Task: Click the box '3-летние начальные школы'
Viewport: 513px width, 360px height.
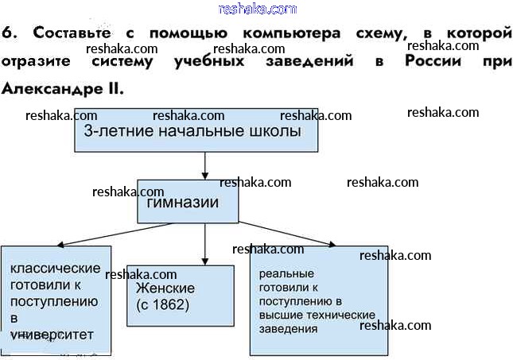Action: [x=196, y=130]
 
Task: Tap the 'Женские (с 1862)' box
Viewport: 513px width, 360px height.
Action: [x=181, y=296]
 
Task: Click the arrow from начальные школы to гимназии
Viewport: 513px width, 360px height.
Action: [x=205, y=165]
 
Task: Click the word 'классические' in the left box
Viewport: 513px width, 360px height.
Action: [x=55, y=269]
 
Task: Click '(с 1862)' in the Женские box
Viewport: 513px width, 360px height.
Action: [x=163, y=304]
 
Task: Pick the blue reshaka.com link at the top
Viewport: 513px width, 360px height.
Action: [x=256, y=8]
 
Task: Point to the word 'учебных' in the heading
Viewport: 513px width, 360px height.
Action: [x=207, y=61]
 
